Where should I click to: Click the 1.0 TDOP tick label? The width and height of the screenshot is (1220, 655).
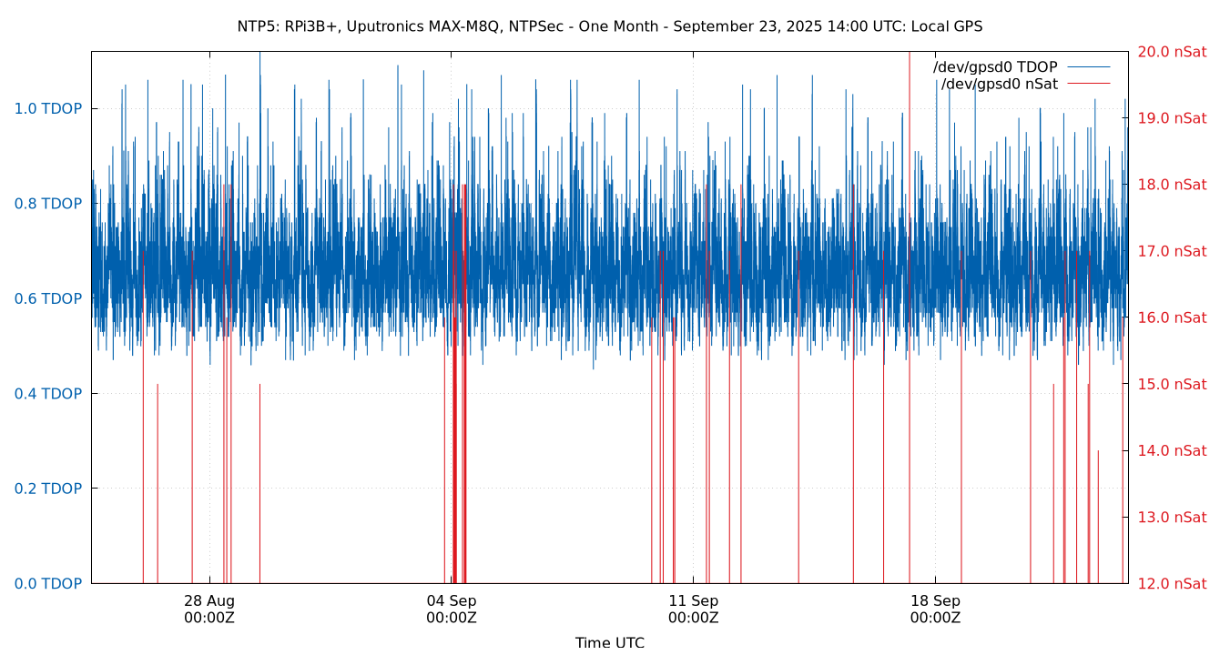pyautogui.click(x=48, y=109)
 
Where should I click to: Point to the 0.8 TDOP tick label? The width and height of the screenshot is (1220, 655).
pyautogui.click(x=48, y=204)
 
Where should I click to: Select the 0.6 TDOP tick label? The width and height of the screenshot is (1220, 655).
pyautogui.click(x=48, y=299)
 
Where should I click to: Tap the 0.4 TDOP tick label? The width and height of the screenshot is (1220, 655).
pyautogui.click(x=48, y=394)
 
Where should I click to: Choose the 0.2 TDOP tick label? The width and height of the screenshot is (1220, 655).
pyautogui.click(x=48, y=489)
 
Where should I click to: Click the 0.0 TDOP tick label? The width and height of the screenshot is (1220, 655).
pyautogui.click(x=48, y=584)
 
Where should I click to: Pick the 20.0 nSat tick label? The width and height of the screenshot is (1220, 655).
pyautogui.click(x=1172, y=52)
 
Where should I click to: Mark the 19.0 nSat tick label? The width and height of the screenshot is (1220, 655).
pyautogui.click(x=1172, y=118)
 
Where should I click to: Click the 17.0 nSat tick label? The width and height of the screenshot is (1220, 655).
pyautogui.click(x=1172, y=251)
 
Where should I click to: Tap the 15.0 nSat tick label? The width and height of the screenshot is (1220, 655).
pyautogui.click(x=1172, y=385)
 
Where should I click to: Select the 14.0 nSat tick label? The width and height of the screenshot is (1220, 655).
pyautogui.click(x=1172, y=451)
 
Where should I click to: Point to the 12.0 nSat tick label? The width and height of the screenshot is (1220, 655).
pyautogui.click(x=1172, y=584)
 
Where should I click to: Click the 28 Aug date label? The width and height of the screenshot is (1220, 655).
pyautogui.click(x=209, y=601)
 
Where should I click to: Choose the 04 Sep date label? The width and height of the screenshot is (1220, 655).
pyautogui.click(x=452, y=601)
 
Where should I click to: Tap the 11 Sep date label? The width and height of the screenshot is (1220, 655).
pyautogui.click(x=693, y=601)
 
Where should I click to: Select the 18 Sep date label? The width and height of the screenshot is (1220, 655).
pyautogui.click(x=935, y=601)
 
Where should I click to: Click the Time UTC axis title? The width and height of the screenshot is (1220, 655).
pyautogui.click(x=609, y=643)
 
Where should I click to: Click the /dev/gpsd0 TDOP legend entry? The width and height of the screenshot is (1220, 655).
pyautogui.click(x=995, y=67)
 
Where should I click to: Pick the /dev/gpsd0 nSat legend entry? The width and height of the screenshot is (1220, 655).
pyautogui.click(x=999, y=85)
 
